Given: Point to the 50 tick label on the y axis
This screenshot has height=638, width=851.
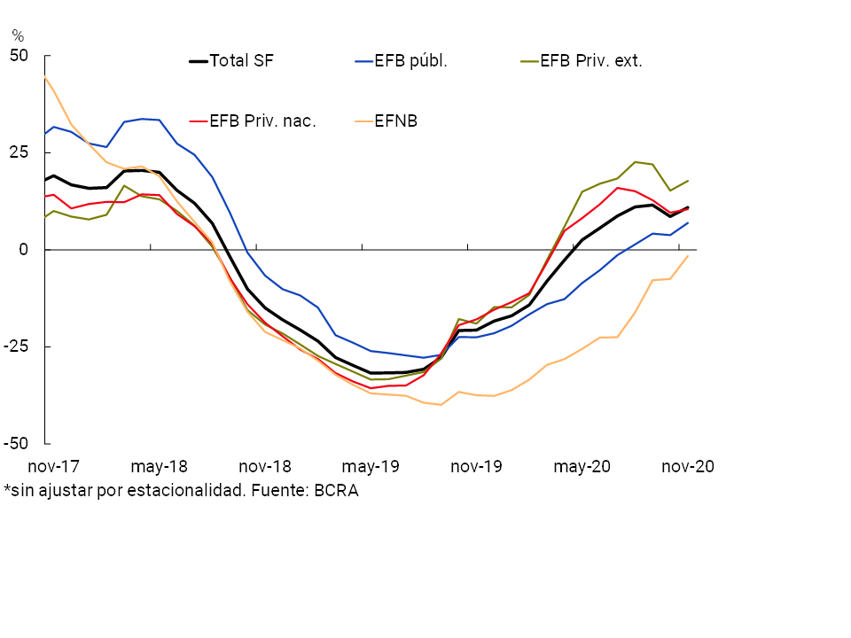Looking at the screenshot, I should coord(20,56).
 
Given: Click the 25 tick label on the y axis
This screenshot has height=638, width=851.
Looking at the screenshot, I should coord(20,152).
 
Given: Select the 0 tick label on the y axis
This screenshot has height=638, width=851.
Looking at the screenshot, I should coord(24,250).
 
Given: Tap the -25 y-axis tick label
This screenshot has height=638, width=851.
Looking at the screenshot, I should coord(17,346).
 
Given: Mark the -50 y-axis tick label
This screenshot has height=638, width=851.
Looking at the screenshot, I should coord(17,443).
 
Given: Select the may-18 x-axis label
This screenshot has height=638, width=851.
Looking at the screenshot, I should coord(159,466).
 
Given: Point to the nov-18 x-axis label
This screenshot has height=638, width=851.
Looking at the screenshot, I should coord(264,466).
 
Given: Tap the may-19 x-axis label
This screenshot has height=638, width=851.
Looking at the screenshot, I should coord(371,466).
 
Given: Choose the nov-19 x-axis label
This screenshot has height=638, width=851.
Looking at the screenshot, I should coord(476,466).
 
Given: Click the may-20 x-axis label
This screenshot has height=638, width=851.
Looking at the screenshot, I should coord(582,466).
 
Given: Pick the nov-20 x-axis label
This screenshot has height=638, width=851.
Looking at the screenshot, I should coord(688,466).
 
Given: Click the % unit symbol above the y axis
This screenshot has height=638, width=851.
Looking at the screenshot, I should coord(18,36).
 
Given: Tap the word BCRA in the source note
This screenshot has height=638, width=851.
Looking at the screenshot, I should coord(336,490).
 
